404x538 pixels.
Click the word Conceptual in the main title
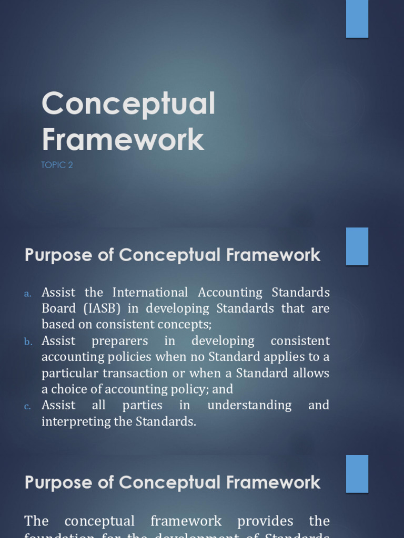(x=128, y=104)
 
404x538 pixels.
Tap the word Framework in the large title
(x=123, y=140)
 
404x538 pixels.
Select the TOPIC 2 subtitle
(x=57, y=165)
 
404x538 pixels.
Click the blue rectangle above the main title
(x=357, y=18)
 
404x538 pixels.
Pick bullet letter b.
(x=28, y=342)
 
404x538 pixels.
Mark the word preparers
(x=119, y=340)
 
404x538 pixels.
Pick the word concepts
(x=188, y=325)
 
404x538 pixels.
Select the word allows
(x=311, y=373)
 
